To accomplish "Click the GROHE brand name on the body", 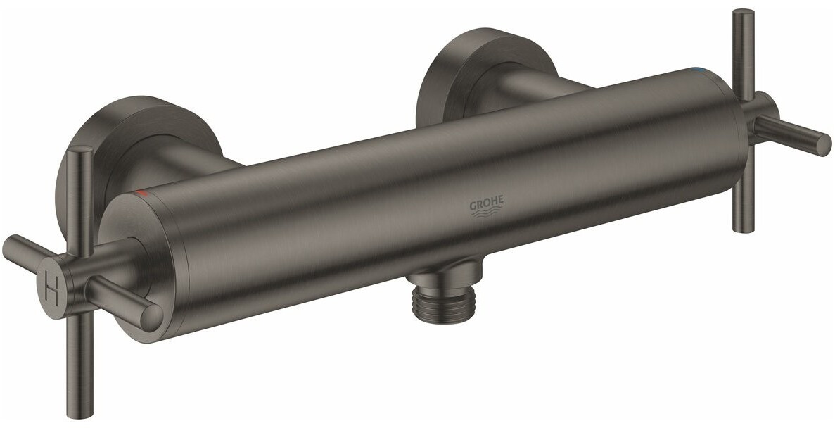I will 486,205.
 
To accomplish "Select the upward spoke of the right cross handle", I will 743,49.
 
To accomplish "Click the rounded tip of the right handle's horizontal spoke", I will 820,144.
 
